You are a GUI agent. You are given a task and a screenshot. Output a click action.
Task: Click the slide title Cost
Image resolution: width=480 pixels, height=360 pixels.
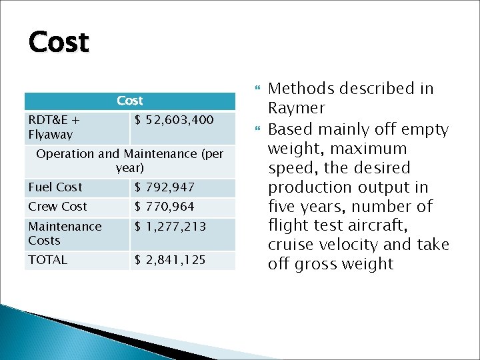pos(59,43)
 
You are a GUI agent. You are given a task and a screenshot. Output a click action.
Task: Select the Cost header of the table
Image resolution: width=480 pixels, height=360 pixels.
pos(130,101)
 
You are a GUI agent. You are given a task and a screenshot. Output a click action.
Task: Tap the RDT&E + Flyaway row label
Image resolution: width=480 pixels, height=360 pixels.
pos(53,127)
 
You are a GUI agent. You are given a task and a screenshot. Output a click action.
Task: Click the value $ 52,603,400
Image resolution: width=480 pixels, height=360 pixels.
pos(174,121)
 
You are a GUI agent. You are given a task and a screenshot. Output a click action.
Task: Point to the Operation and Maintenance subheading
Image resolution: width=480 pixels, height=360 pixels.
pos(130,161)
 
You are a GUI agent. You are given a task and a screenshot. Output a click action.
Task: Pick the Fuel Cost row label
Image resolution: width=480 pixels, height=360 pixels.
pos(55,187)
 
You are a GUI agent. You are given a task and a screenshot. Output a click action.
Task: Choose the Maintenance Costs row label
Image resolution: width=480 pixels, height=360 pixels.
pos(65,233)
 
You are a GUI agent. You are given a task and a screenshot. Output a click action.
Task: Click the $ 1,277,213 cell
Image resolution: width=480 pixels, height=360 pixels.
pos(171,227)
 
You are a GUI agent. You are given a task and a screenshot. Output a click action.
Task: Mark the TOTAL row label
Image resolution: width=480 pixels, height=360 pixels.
pos(48,260)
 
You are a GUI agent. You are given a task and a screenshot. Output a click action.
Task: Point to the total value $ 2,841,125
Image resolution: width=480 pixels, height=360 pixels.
pos(171,260)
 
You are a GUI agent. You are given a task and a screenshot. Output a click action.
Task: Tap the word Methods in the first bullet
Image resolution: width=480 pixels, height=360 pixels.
pos(297,89)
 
